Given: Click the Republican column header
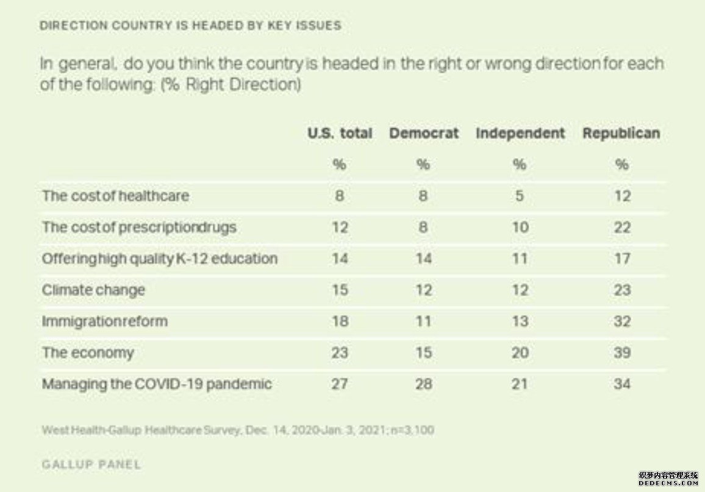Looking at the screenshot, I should [x=621, y=134].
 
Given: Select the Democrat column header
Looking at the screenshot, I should [x=424, y=134].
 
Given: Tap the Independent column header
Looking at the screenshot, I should [x=520, y=134].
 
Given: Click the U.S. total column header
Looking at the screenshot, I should [x=340, y=134].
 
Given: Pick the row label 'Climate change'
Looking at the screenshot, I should [x=93, y=290].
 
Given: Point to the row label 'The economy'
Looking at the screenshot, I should [x=88, y=353].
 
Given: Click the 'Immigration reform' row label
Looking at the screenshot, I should [x=104, y=321].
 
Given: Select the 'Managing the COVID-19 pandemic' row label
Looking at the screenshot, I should [x=157, y=384].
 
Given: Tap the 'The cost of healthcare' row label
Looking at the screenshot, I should [x=115, y=196].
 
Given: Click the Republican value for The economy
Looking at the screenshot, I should [x=622, y=353].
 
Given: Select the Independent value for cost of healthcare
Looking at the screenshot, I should [x=520, y=196].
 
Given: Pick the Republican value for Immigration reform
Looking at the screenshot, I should [x=622, y=321].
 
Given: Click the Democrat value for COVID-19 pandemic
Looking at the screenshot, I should [x=423, y=384].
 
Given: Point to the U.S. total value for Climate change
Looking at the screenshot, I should [x=340, y=290].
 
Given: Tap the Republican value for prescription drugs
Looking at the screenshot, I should [x=622, y=227].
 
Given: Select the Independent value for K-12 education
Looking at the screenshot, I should [x=520, y=259].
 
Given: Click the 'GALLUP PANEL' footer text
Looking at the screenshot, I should [x=91, y=465].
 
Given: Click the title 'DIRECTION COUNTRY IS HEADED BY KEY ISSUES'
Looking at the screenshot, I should [x=190, y=26].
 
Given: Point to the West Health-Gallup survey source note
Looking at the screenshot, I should [x=238, y=430].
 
